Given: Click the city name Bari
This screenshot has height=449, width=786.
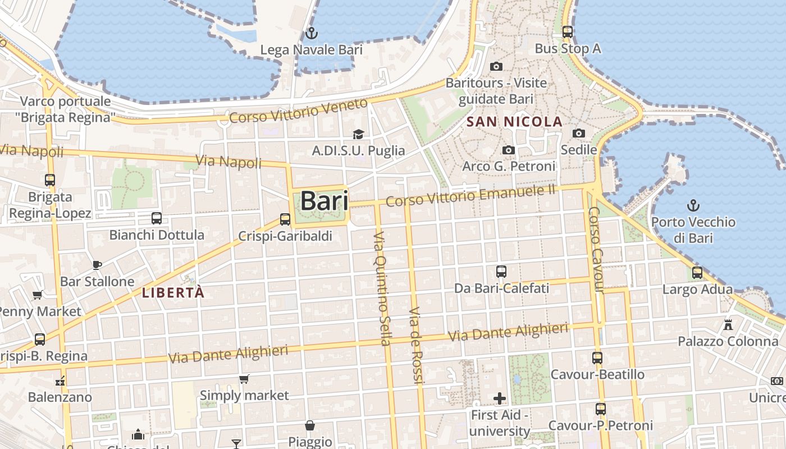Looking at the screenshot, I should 324,200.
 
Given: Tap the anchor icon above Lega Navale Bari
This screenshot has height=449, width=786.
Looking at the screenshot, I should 310,33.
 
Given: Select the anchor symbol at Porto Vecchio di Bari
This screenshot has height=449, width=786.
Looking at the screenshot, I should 693,205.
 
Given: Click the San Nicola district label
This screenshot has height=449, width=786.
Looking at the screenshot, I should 514,121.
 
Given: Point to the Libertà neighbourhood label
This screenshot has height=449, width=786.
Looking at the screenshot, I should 173,292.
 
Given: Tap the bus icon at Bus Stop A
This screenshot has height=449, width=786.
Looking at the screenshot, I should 567,32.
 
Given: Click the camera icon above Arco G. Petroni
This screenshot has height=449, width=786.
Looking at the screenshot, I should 509,150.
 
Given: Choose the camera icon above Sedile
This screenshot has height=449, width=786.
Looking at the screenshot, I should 579,134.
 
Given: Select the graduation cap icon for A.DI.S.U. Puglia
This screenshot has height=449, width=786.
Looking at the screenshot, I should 358,134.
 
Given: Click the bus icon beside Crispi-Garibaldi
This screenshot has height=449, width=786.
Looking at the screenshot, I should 285,219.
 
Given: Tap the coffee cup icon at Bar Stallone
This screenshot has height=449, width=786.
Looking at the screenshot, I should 97,265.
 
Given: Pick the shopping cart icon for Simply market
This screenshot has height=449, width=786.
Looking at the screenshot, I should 244,379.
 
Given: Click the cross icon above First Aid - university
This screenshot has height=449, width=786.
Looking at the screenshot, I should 500,398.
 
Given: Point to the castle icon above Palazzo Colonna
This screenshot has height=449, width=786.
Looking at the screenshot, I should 728,324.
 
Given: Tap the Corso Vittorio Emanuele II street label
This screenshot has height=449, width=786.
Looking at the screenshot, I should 470,196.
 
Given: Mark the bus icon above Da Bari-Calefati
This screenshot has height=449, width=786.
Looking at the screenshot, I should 501,272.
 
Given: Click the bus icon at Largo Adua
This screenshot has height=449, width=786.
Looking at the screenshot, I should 697,273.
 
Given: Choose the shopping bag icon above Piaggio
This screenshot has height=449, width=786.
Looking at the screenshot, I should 310,425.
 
